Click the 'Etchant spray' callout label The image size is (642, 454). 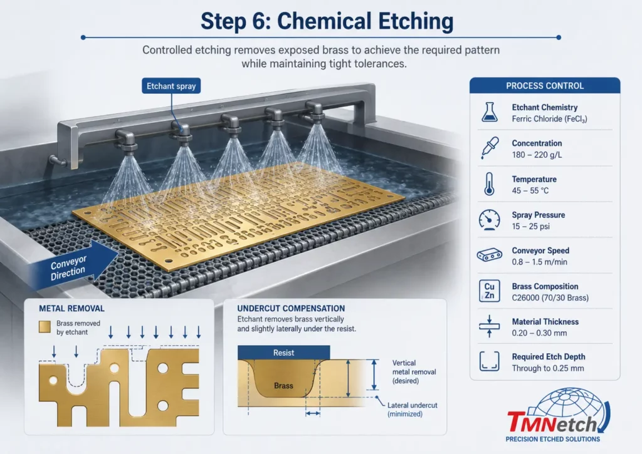[171, 86]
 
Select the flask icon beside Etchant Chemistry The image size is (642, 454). [489, 112]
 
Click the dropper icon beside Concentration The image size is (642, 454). [490, 148]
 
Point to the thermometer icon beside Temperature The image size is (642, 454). [489, 184]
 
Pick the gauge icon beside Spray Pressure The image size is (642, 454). [489, 220]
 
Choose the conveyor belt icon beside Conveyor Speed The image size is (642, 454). [489, 255]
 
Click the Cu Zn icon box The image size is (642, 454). [489, 291]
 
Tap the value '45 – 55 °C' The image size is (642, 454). [530, 190]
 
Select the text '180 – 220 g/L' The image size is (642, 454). [537, 155]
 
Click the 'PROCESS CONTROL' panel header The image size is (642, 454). [545, 86]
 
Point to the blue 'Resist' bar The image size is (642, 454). [284, 353]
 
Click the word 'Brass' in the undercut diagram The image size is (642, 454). [283, 386]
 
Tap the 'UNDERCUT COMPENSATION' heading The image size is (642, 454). [291, 308]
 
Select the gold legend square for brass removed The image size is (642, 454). [45, 327]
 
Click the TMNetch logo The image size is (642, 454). [556, 415]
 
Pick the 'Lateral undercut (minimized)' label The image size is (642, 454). [413, 410]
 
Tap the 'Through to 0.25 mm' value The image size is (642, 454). [548, 368]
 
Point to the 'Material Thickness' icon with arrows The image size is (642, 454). [489, 326]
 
